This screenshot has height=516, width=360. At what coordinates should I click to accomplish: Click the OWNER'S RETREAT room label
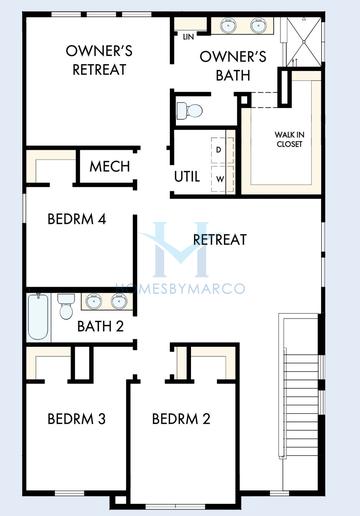pyautogui.click(x=98, y=60)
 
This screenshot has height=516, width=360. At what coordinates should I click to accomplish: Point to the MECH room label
pyautogui.click(x=109, y=165)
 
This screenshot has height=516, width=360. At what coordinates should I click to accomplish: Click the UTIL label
pyautogui.click(x=187, y=176)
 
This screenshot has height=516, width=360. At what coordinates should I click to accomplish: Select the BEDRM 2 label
pyautogui.click(x=181, y=418)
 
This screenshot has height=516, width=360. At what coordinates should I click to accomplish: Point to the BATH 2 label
pyautogui.click(x=101, y=324)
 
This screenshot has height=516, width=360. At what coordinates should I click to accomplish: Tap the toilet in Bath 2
pyautogui.click(x=66, y=301)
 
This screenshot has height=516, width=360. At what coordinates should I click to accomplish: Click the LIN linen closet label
pyautogui.click(x=188, y=37)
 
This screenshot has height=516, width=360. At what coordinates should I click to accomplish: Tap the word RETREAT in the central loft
pyautogui.click(x=220, y=239)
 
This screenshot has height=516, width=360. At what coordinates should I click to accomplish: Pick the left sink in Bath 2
pyautogui.click(x=93, y=300)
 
